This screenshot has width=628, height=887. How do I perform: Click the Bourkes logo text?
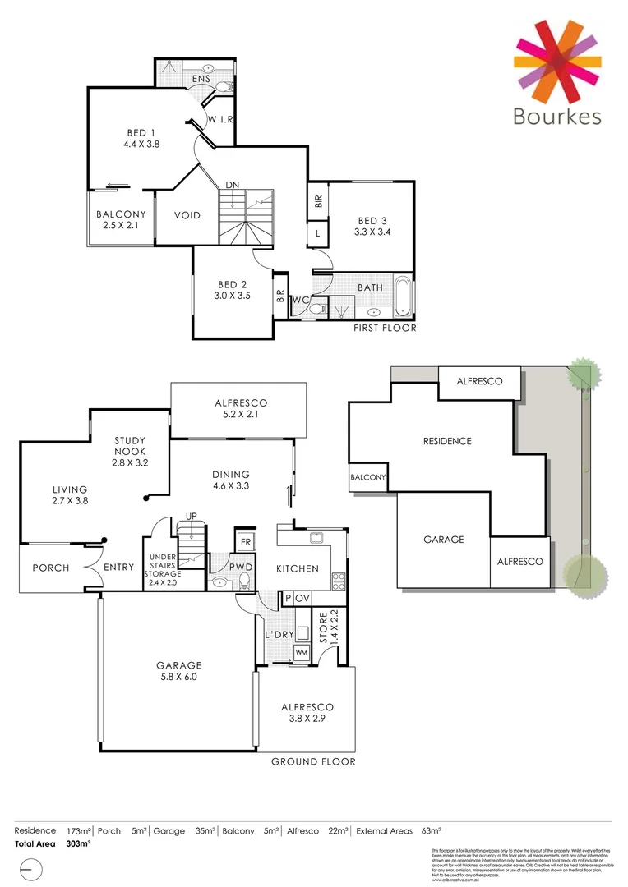pyautogui.click(x=556, y=116)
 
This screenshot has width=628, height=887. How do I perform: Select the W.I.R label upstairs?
pyautogui.click(x=220, y=120)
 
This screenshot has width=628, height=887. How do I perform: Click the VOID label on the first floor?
pyautogui.click(x=187, y=215)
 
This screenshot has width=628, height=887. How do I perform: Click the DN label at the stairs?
pyautogui.click(x=233, y=185)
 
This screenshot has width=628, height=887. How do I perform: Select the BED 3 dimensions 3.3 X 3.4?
pyautogui.click(x=372, y=232)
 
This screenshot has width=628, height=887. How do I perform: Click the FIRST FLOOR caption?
pyautogui.click(x=385, y=328)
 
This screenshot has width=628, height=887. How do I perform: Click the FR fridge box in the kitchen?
pyautogui.click(x=245, y=541)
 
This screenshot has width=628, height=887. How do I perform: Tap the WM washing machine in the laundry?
pyautogui.click(x=302, y=651)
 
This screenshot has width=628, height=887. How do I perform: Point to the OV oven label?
pyautogui.click(x=302, y=599)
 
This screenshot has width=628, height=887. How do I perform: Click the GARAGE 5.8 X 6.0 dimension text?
pyautogui.click(x=178, y=678)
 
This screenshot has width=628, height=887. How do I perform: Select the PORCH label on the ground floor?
pyautogui.click(x=51, y=568)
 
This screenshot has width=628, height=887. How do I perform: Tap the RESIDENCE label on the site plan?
pyautogui.click(x=447, y=441)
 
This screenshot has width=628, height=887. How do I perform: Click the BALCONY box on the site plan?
pyautogui.click(x=367, y=477)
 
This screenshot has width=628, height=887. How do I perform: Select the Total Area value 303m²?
pyautogui.click(x=78, y=843)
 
